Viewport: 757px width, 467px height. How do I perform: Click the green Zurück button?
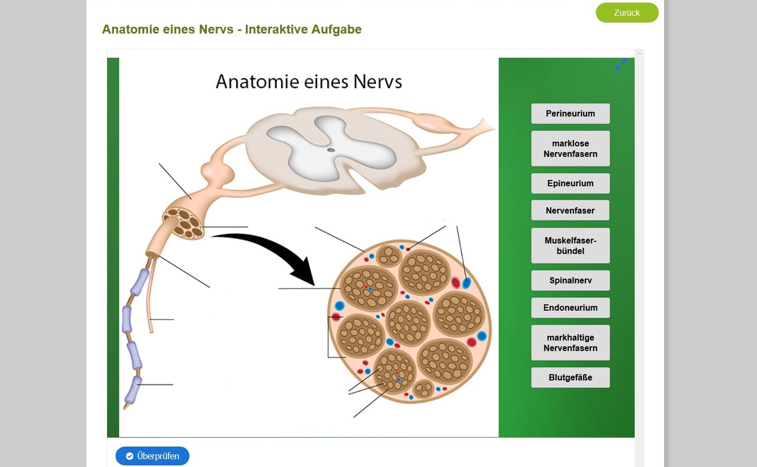(x=627, y=13)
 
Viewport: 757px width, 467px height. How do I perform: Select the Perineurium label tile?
(x=571, y=113)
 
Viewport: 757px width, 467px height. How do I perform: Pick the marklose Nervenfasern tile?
(x=571, y=148)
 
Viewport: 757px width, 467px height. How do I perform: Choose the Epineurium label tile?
(x=571, y=183)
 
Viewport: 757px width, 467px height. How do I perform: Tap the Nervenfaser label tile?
(x=571, y=210)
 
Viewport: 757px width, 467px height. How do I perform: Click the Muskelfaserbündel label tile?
(x=571, y=246)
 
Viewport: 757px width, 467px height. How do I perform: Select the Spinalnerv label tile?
(x=571, y=280)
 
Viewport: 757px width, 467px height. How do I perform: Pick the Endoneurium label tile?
(x=571, y=307)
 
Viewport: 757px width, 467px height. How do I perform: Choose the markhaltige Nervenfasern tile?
(x=571, y=343)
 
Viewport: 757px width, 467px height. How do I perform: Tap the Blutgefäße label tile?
(x=571, y=377)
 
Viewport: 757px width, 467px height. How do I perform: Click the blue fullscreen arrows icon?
(x=621, y=64)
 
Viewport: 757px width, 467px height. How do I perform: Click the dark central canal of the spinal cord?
(x=331, y=150)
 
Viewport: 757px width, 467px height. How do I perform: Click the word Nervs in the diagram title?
(x=377, y=82)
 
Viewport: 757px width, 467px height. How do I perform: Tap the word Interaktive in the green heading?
(x=277, y=29)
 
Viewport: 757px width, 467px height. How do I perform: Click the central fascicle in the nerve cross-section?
(x=408, y=323)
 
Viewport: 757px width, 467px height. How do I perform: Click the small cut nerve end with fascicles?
(x=183, y=224)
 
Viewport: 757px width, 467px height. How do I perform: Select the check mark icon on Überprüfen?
(x=130, y=456)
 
